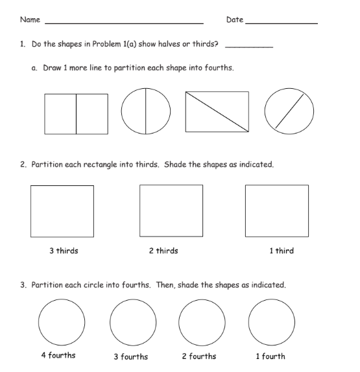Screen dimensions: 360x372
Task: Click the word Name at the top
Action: [30, 20]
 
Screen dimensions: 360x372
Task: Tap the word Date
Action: [234, 20]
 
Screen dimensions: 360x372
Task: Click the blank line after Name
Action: [123, 23]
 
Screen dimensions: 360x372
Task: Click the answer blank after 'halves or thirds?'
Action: [248, 47]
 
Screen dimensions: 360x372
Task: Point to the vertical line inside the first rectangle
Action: [77, 114]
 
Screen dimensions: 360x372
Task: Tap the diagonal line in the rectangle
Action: [217, 111]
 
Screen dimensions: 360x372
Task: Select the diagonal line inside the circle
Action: [289, 111]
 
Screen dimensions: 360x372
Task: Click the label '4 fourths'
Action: [58, 356]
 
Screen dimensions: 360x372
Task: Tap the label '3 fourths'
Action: [130, 356]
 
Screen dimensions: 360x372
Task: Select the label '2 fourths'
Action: [199, 356]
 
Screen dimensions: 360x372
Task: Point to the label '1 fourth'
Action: [269, 356]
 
